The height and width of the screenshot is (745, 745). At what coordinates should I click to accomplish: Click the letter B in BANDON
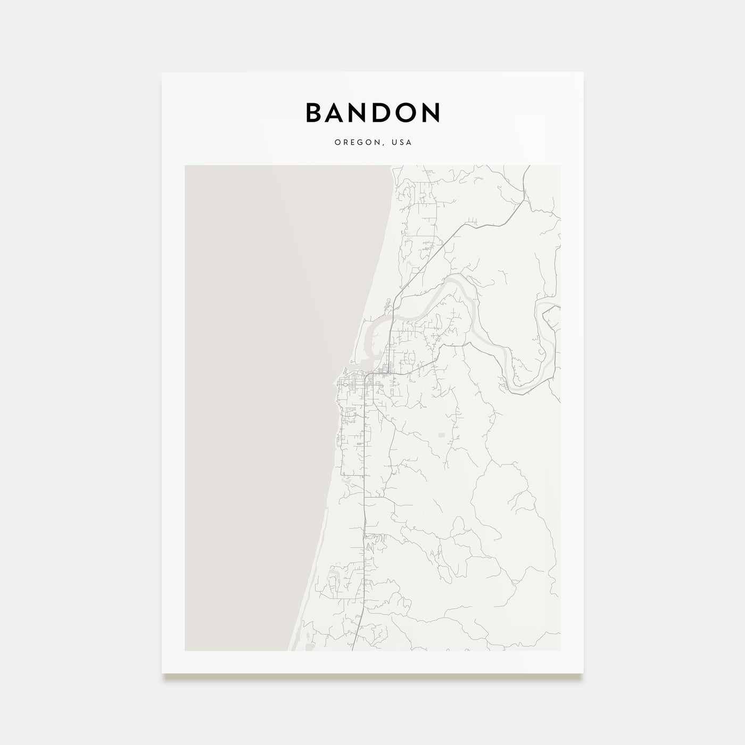pos(314,112)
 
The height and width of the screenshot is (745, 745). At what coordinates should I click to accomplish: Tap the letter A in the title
pos(339,112)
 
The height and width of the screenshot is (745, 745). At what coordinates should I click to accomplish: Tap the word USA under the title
pos(402,143)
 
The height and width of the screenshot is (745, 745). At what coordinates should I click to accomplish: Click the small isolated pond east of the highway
pos(441,435)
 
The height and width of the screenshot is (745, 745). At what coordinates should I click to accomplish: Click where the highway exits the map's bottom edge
pos(355,650)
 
